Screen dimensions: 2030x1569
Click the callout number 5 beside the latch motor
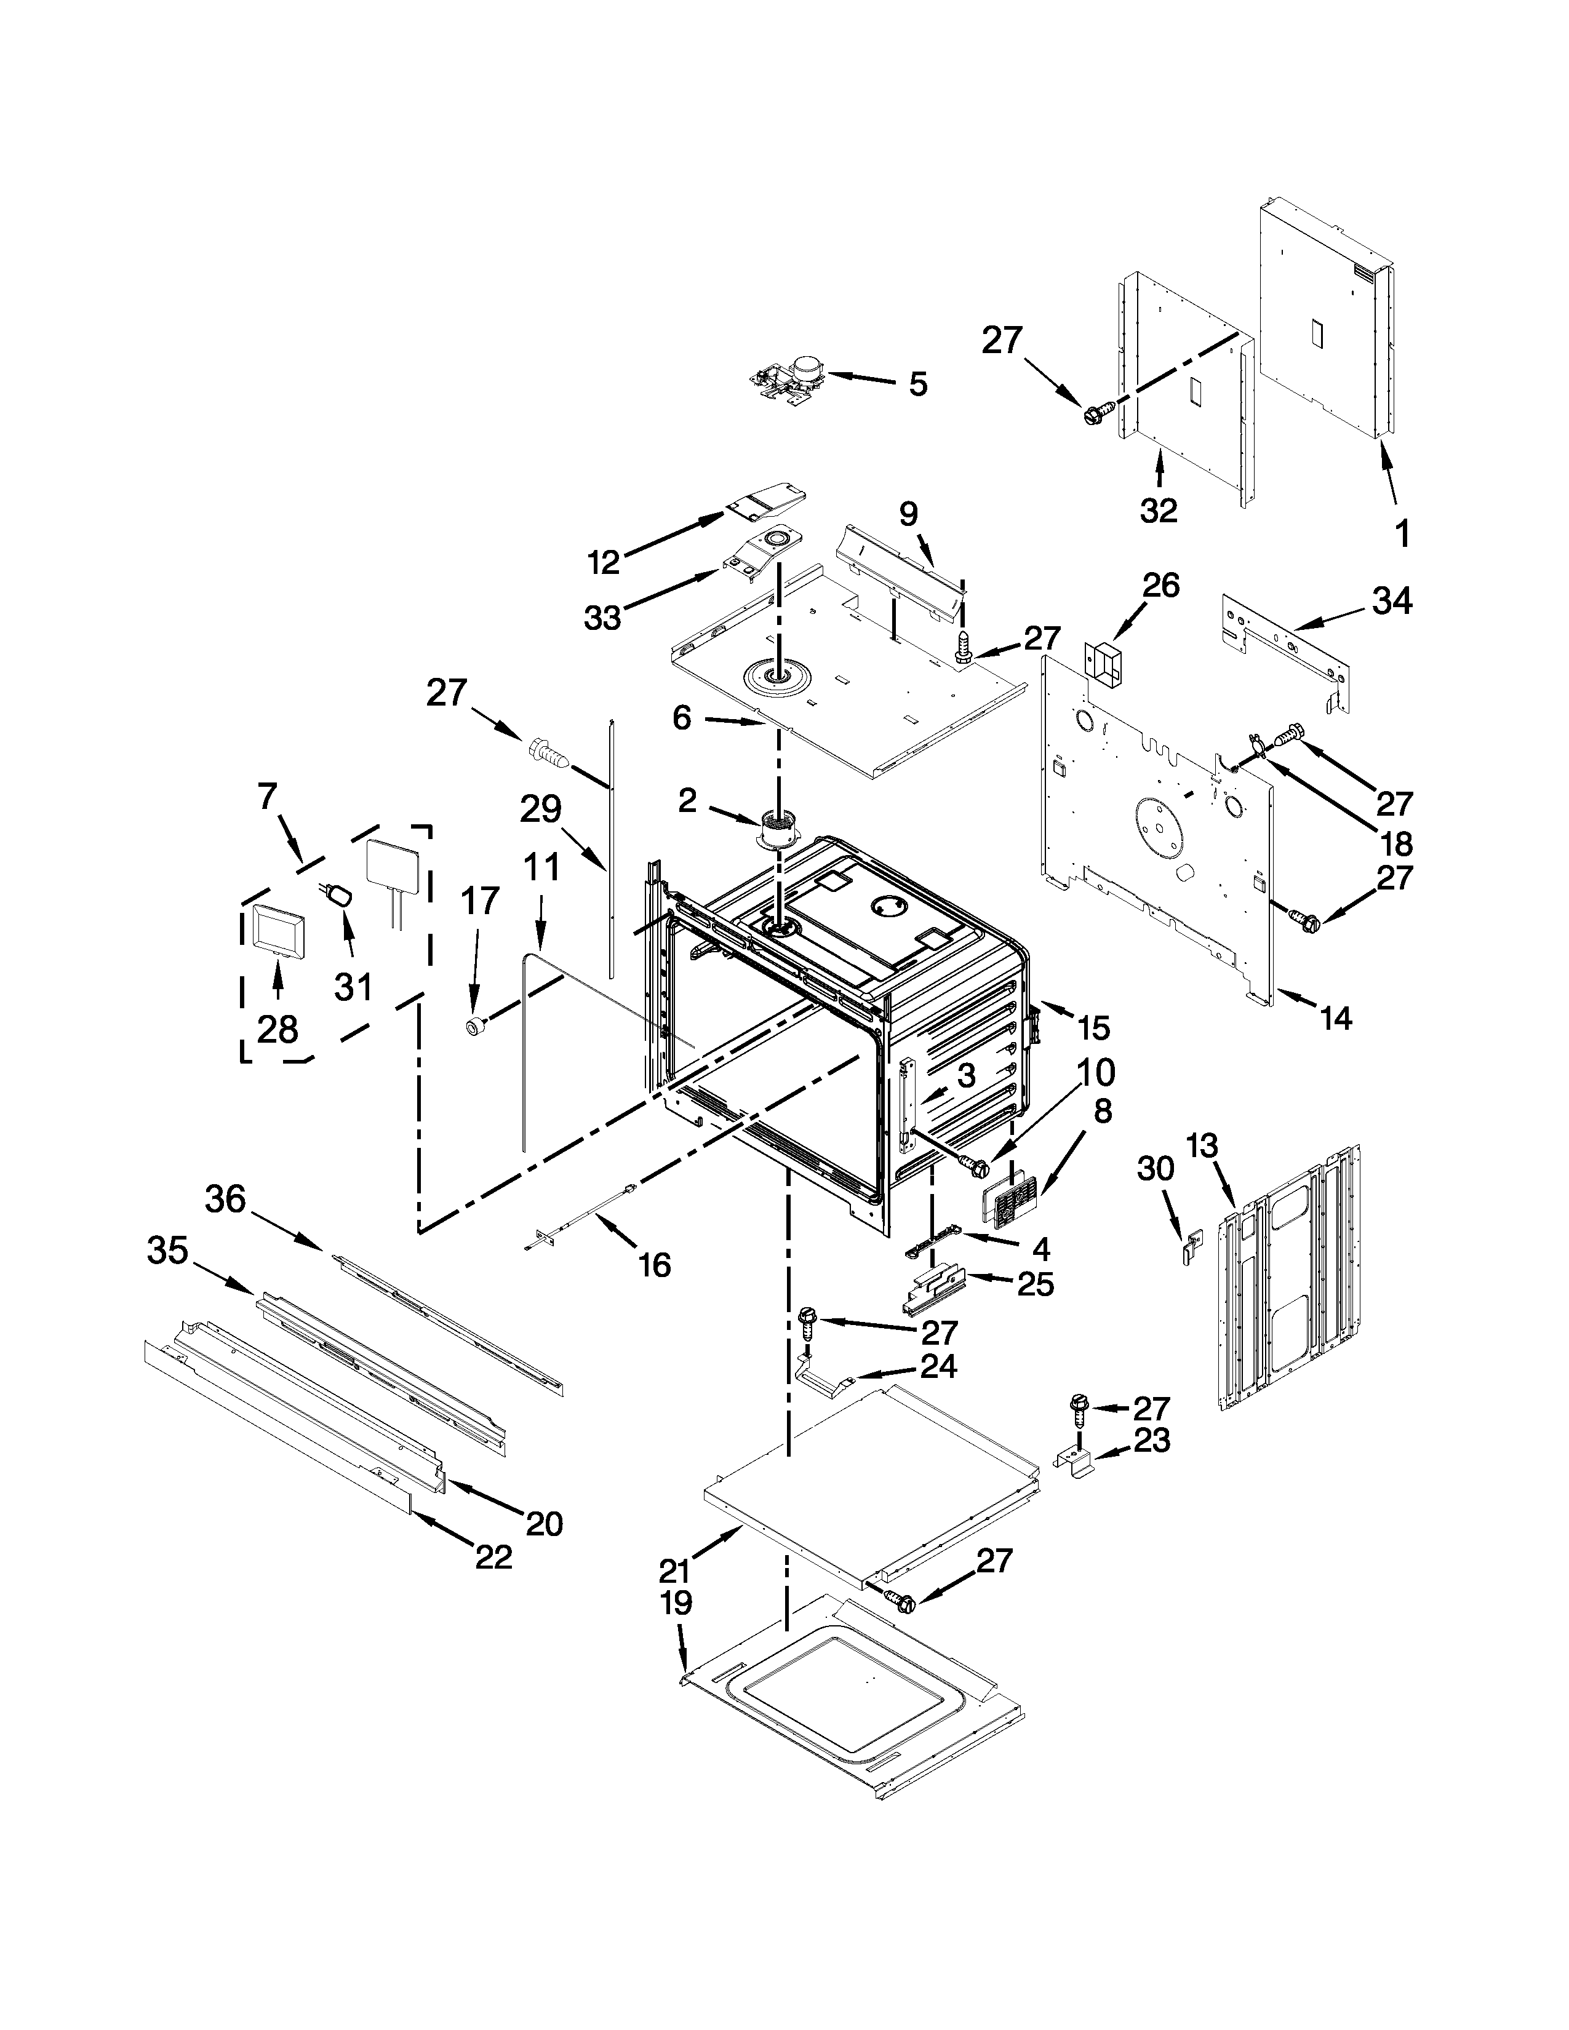point(917,383)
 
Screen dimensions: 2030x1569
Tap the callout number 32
point(1158,509)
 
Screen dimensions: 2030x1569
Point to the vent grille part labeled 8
point(1010,1208)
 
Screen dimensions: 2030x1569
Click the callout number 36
point(226,1200)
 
